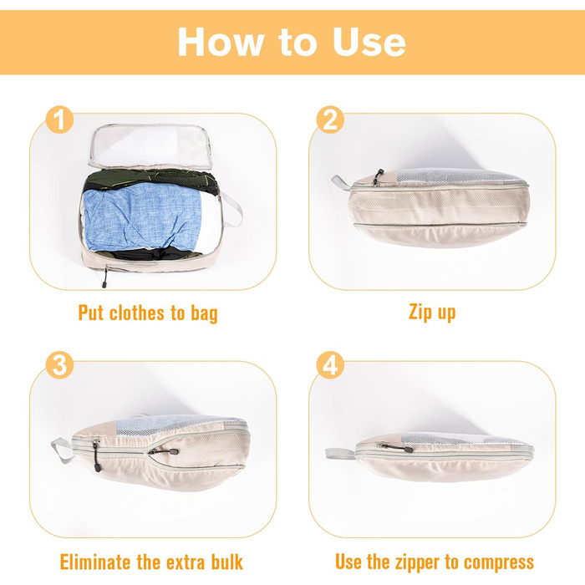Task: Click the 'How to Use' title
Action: click(x=292, y=42)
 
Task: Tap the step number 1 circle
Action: click(x=58, y=120)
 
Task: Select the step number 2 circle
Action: click(x=329, y=120)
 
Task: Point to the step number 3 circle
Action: click(x=58, y=365)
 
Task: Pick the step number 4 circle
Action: click(x=329, y=365)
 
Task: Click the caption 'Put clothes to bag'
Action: click(x=148, y=313)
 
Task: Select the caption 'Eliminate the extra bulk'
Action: click(x=151, y=561)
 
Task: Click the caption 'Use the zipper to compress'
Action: click(x=435, y=561)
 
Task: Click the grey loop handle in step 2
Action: click(x=340, y=182)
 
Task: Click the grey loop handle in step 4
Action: click(x=338, y=453)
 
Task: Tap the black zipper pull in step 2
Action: click(x=378, y=176)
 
